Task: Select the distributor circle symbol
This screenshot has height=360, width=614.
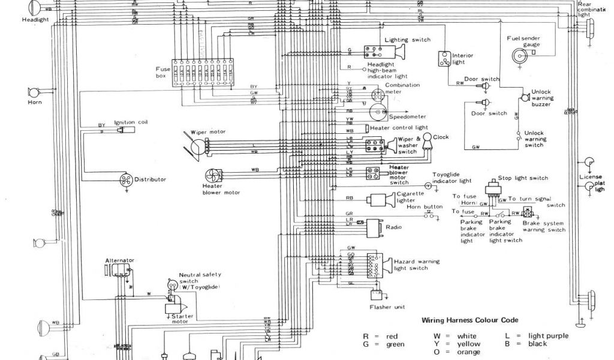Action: tap(124, 179)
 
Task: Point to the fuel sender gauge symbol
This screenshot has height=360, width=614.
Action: tap(516, 56)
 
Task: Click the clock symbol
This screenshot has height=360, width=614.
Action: tap(428, 140)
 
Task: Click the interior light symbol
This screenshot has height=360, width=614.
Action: tap(444, 59)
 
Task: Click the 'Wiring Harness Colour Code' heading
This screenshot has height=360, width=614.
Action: tap(470, 320)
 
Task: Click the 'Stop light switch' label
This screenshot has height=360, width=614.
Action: tap(523, 178)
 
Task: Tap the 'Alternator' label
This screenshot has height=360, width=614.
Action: tap(120, 260)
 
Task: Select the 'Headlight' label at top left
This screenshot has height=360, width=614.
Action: tap(35, 19)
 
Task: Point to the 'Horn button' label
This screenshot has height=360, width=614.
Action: tap(425, 206)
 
